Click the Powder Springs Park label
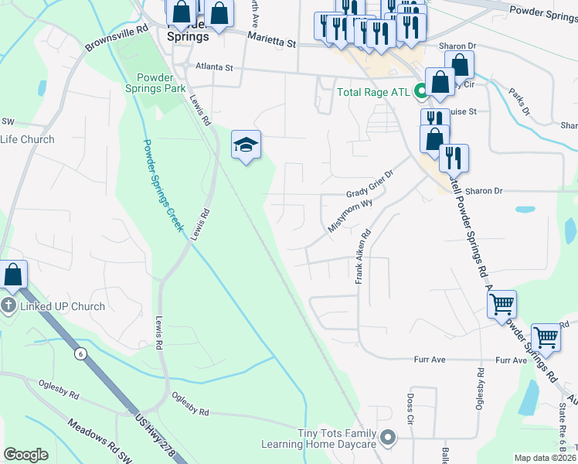[x=161, y=83]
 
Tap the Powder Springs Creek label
[x=162, y=186]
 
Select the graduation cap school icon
[x=246, y=145]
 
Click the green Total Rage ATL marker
[x=421, y=92]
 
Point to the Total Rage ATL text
[x=374, y=93]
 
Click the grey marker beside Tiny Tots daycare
[x=389, y=438]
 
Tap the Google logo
[x=25, y=455]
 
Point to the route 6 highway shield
[x=80, y=353]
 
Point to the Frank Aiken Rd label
[x=363, y=256]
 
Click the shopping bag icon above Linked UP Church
[x=14, y=275]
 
